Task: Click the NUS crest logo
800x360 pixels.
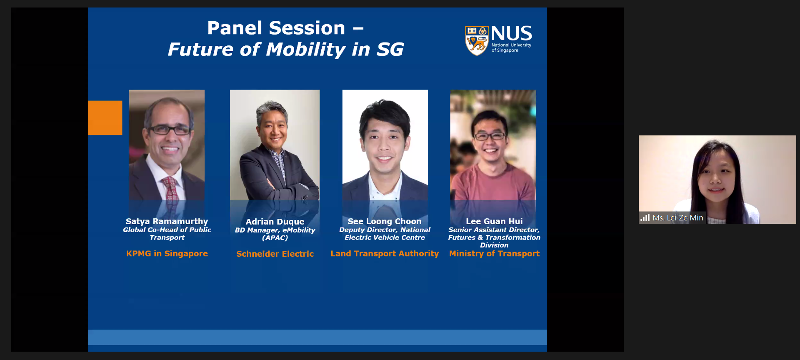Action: [476, 41]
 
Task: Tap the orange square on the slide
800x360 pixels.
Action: [105, 117]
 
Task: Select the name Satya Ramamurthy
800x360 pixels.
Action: [167, 221]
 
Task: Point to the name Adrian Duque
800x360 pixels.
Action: [275, 222]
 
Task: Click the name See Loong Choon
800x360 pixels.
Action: [385, 221]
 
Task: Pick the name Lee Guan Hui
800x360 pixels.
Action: [494, 221]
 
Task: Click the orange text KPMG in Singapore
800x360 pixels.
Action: [167, 253]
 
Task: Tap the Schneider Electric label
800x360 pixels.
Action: [275, 254]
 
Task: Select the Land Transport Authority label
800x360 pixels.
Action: [385, 253]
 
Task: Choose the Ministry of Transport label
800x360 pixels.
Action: [494, 253]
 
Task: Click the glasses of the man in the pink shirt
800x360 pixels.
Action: [490, 136]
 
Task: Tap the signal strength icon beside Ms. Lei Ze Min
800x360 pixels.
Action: [645, 217]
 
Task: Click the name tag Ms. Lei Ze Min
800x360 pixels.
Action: [678, 217]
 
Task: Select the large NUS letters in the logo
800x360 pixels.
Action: [511, 33]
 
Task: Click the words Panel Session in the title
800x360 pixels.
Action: [276, 28]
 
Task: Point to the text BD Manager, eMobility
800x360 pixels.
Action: [275, 230]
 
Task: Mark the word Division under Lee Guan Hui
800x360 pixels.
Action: [494, 245]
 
